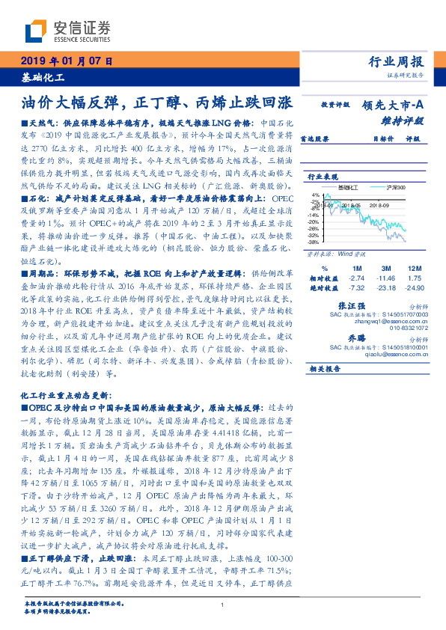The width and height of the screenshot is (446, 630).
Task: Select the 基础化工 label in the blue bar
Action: point(43,76)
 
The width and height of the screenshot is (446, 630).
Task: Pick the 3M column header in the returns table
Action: point(386,268)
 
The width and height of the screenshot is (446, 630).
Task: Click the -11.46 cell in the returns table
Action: point(385,278)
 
